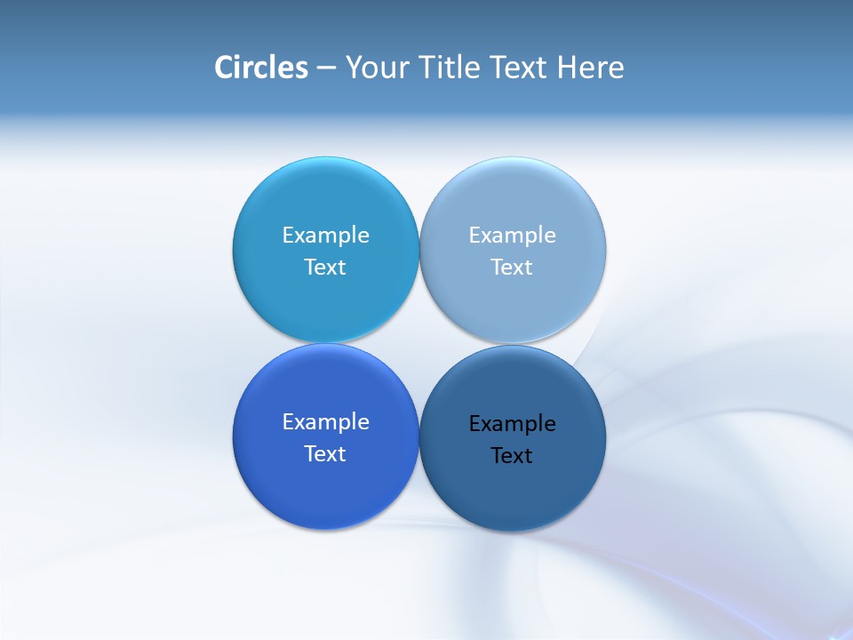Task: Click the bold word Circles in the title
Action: [x=260, y=68]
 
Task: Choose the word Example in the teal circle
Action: [x=325, y=235]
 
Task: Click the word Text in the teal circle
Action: [x=325, y=267]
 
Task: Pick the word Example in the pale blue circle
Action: [x=512, y=235]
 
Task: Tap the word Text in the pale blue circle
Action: [x=512, y=267]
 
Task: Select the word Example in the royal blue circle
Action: [x=325, y=421]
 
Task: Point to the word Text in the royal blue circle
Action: [x=325, y=453]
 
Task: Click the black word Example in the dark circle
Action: [x=512, y=423]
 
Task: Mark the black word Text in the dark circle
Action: [x=512, y=455]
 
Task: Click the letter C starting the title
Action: [x=224, y=68]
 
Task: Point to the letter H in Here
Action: [x=566, y=68]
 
